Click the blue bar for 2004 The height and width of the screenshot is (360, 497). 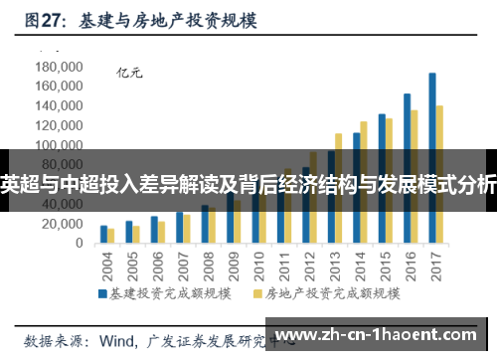[103, 234]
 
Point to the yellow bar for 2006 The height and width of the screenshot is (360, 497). [162, 233]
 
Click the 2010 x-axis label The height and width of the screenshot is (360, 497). [255, 264]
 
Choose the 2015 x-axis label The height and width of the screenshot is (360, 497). [383, 264]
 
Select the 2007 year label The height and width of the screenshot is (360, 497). [180, 264]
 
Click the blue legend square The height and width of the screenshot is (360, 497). [102, 294]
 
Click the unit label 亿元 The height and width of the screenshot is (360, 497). [130, 72]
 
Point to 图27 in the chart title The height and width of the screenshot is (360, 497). [44, 20]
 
